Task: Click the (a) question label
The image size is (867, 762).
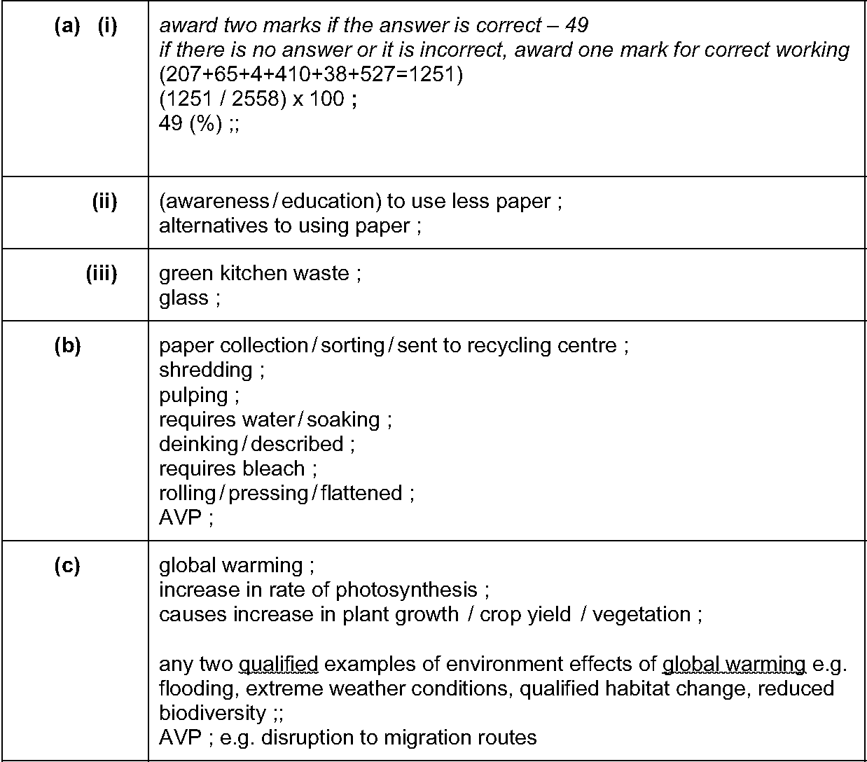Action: pyautogui.click(x=67, y=27)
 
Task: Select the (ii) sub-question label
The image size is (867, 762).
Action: pyautogui.click(x=104, y=202)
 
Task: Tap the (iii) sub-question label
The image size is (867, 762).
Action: pyautogui.click(x=102, y=273)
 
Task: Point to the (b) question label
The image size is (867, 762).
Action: pyautogui.click(x=67, y=346)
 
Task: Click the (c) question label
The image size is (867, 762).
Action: pyautogui.click(x=67, y=566)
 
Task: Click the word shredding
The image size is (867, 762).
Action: pyautogui.click(x=206, y=370)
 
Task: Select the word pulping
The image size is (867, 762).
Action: pyautogui.click(x=193, y=396)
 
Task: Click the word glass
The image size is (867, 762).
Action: pyautogui.click(x=183, y=298)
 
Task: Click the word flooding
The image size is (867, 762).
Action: pyautogui.click(x=197, y=688)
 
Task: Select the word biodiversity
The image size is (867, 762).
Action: pyautogui.click(x=212, y=713)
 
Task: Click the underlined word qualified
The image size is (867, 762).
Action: pyautogui.click(x=279, y=664)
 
